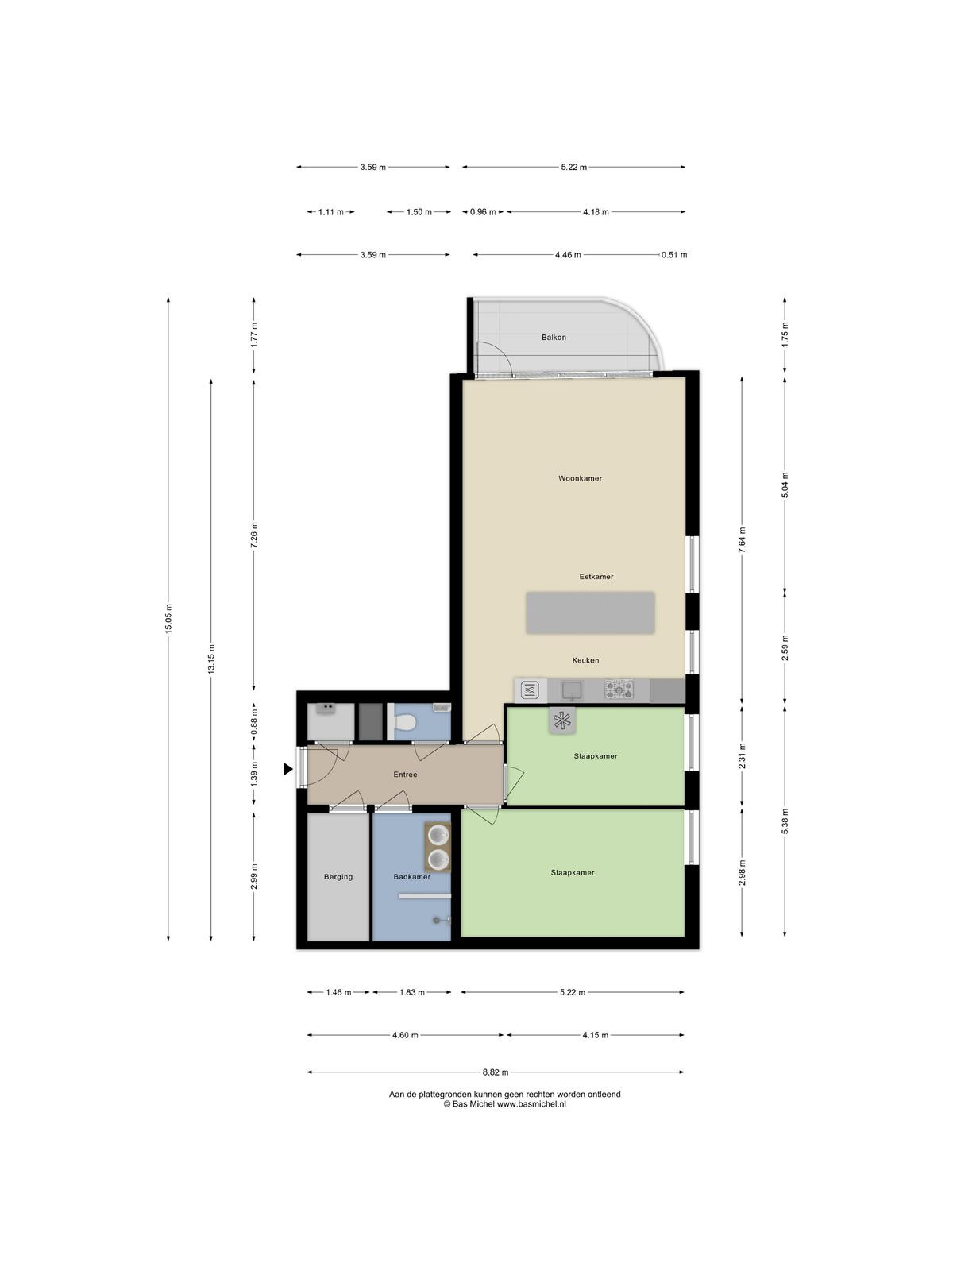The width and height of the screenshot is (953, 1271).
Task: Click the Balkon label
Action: pos(554,337)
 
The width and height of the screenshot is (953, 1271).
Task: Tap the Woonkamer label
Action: pos(580,478)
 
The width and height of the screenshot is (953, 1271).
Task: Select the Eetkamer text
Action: pos(596,576)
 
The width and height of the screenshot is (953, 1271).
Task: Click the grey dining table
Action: pos(589,612)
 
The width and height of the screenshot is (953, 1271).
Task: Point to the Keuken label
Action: pos(585,660)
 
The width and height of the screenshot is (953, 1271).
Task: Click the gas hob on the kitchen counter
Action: pos(619,690)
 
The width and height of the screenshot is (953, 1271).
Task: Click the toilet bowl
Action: pos(404,723)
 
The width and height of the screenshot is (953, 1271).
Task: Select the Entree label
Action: pos(405,775)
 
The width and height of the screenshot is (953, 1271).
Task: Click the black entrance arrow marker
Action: pos(287,769)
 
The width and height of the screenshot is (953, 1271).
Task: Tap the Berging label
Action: pos(338,877)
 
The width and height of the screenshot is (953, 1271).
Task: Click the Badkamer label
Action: pos(411,877)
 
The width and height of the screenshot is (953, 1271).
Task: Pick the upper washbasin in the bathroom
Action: pos(438,834)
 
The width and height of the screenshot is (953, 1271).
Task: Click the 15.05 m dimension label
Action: pos(168,618)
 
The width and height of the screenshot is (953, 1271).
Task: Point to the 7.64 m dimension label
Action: pos(742,539)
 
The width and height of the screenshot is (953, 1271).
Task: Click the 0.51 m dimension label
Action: pos(674,255)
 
